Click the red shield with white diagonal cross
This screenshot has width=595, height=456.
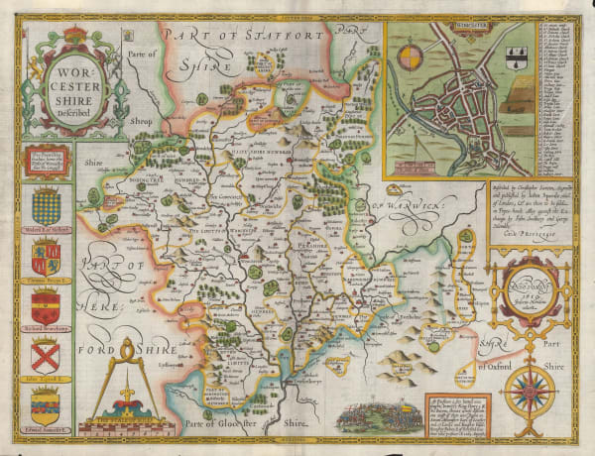(46, 354)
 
